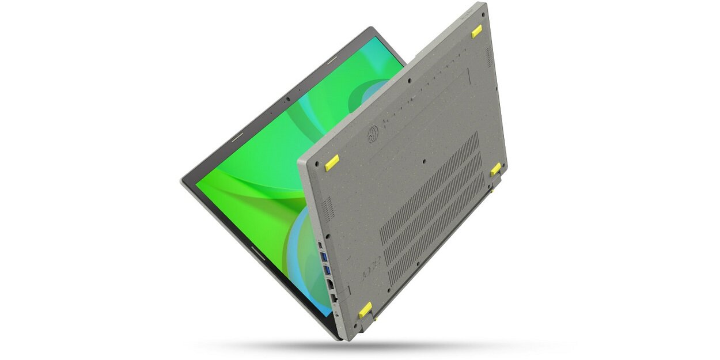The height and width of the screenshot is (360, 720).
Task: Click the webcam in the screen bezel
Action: [287, 98]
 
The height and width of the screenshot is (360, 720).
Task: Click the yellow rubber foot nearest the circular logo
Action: [332, 163]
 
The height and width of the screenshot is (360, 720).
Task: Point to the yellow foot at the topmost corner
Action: [476, 32]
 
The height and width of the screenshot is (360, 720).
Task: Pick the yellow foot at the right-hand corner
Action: [495, 169]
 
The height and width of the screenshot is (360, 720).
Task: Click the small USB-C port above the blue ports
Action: [321, 245]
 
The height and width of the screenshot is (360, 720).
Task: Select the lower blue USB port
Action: [327, 270]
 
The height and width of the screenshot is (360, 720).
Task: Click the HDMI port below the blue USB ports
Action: [330, 283]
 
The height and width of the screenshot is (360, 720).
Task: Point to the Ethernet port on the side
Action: [334, 298]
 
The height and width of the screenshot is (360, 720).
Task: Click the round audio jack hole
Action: [336, 313]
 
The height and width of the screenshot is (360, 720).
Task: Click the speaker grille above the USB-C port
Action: [327, 209]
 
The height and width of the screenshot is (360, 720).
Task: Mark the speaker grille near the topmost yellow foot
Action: [489, 55]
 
